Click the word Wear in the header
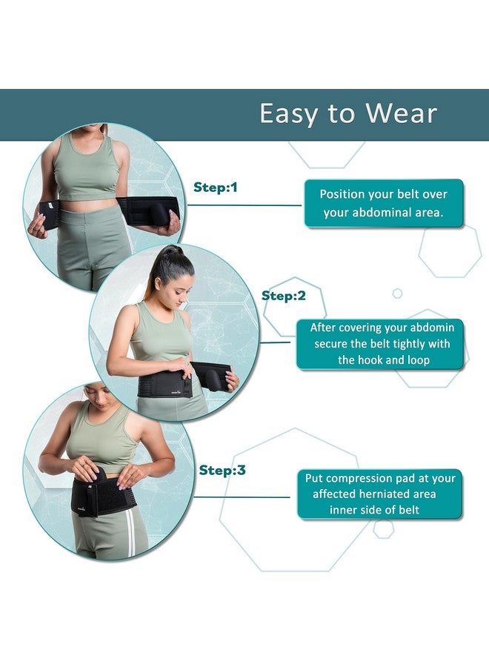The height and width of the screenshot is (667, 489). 402,113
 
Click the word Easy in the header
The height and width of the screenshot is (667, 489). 289,114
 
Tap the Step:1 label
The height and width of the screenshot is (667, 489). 215,188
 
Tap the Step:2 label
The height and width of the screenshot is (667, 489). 283,296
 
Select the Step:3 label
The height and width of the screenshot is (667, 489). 222,470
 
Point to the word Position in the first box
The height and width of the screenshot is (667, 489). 342,194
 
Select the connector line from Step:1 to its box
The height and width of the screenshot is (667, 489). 245,205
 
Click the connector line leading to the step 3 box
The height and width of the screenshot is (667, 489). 242,497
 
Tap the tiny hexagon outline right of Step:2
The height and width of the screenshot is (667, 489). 397,293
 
